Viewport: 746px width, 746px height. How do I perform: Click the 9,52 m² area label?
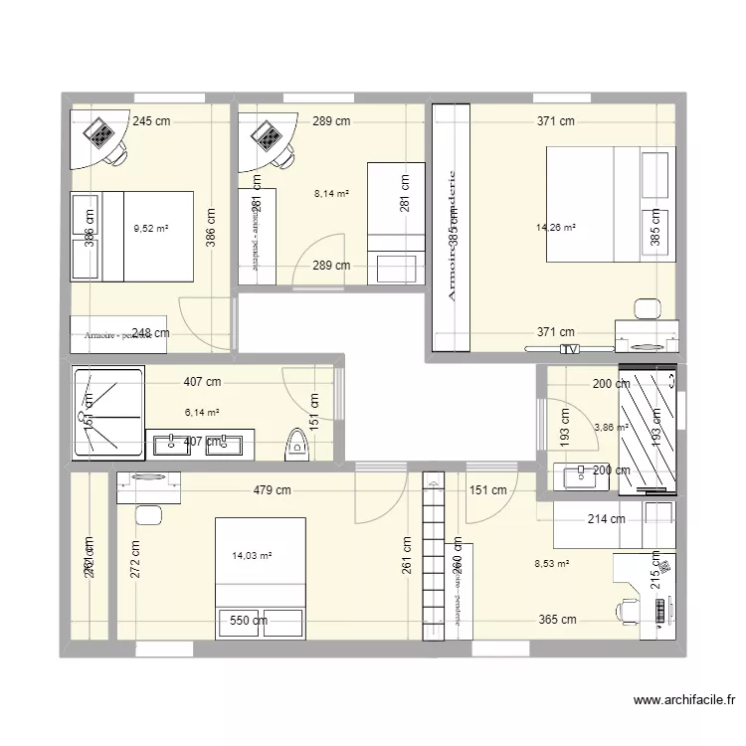(x=151, y=228)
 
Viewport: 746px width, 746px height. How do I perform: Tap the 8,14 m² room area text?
(x=331, y=194)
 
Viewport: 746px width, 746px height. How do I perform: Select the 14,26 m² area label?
(x=555, y=228)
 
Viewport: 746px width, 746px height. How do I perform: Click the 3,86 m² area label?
(x=611, y=428)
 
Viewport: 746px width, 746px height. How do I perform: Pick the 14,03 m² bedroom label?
(x=251, y=557)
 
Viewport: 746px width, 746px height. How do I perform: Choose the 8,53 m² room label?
(x=552, y=564)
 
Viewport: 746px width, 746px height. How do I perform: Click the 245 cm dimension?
(x=151, y=121)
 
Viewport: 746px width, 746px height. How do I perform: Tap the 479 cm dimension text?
(x=271, y=489)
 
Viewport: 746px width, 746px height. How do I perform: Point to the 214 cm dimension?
(x=605, y=519)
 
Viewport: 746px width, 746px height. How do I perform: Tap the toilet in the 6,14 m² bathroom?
(x=295, y=444)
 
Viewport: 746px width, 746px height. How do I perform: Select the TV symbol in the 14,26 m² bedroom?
(x=569, y=349)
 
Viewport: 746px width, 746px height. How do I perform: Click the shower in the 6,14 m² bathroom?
(x=108, y=412)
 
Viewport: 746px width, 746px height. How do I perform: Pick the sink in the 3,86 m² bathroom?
(x=579, y=477)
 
